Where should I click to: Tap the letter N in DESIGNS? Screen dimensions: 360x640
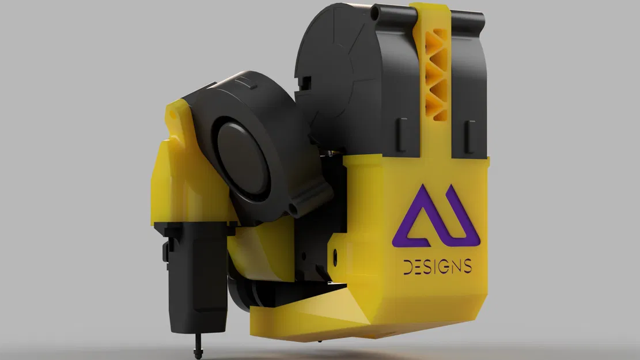(x=457, y=267)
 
